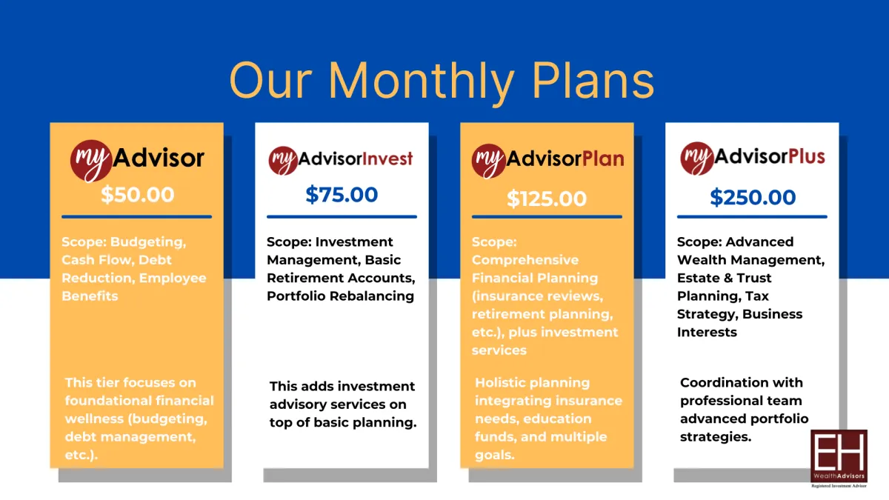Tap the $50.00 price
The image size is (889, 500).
click(x=137, y=195)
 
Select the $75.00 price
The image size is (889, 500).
click(x=342, y=195)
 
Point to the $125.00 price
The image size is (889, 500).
click(x=547, y=199)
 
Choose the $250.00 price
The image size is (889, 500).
click(x=753, y=197)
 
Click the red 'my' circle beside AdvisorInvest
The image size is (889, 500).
click(x=283, y=161)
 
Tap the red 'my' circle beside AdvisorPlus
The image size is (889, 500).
click(x=696, y=159)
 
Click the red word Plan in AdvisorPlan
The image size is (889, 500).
click(x=603, y=159)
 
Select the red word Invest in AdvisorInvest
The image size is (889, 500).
click(x=387, y=159)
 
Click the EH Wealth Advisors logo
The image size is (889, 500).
click(x=839, y=459)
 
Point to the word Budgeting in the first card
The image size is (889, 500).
click(x=148, y=242)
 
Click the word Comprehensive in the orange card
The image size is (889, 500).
click(x=525, y=260)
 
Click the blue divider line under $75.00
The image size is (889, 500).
click(x=342, y=216)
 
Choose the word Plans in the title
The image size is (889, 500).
click(x=593, y=81)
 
